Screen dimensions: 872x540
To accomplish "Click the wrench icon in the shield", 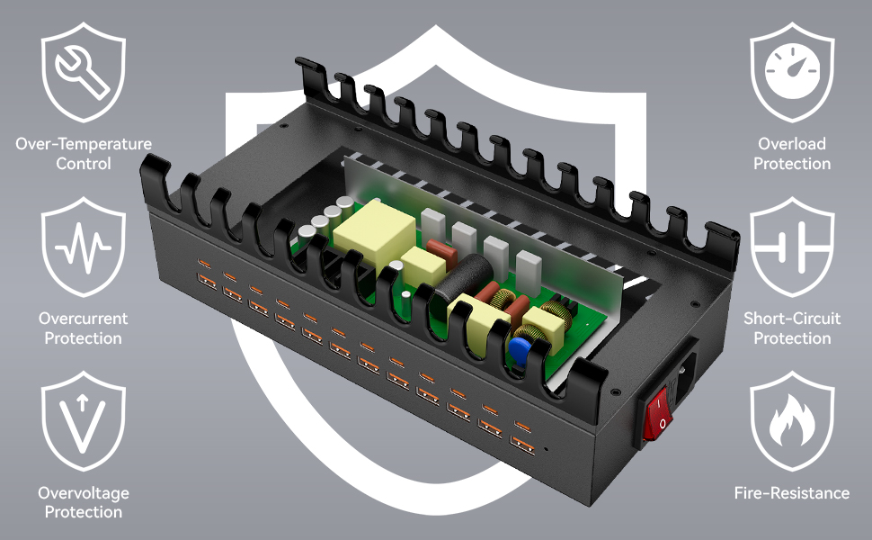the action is click(84, 71).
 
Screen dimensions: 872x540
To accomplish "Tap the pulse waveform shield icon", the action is click(84, 247).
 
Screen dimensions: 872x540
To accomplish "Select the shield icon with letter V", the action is click(84, 421).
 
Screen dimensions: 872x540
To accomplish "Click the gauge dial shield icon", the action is click(792, 71).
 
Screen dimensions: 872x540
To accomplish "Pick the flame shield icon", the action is click(792, 421).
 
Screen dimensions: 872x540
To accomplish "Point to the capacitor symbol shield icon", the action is click(792, 247).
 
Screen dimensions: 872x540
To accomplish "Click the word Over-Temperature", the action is click(84, 144).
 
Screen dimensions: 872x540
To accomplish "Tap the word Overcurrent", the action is click(84, 319).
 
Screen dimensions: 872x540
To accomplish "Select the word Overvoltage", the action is click(84, 493).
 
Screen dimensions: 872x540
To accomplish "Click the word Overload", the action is click(792, 144).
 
